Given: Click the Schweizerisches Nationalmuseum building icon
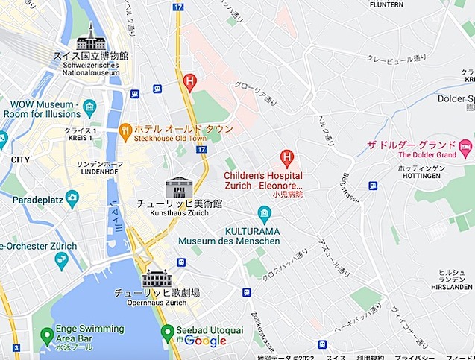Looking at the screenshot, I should coord(90,37).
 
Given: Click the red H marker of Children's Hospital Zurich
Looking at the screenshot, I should coord(286,158).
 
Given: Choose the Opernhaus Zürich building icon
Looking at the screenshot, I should coord(157,279).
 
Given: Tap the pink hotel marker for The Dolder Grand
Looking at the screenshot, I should coord(465,145).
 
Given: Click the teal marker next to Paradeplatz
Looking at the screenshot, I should coord(72,198).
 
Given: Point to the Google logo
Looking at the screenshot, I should coord(205,341).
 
